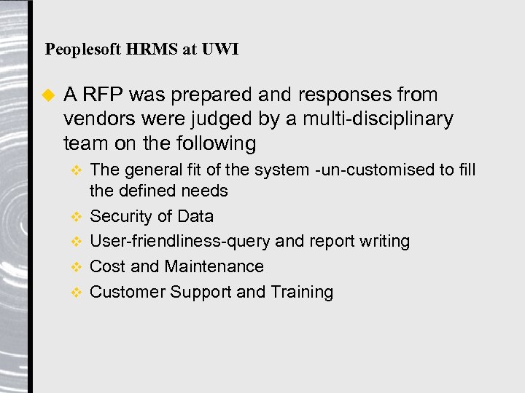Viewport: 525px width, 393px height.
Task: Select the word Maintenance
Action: point(214,266)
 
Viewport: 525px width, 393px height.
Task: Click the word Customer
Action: point(127,292)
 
